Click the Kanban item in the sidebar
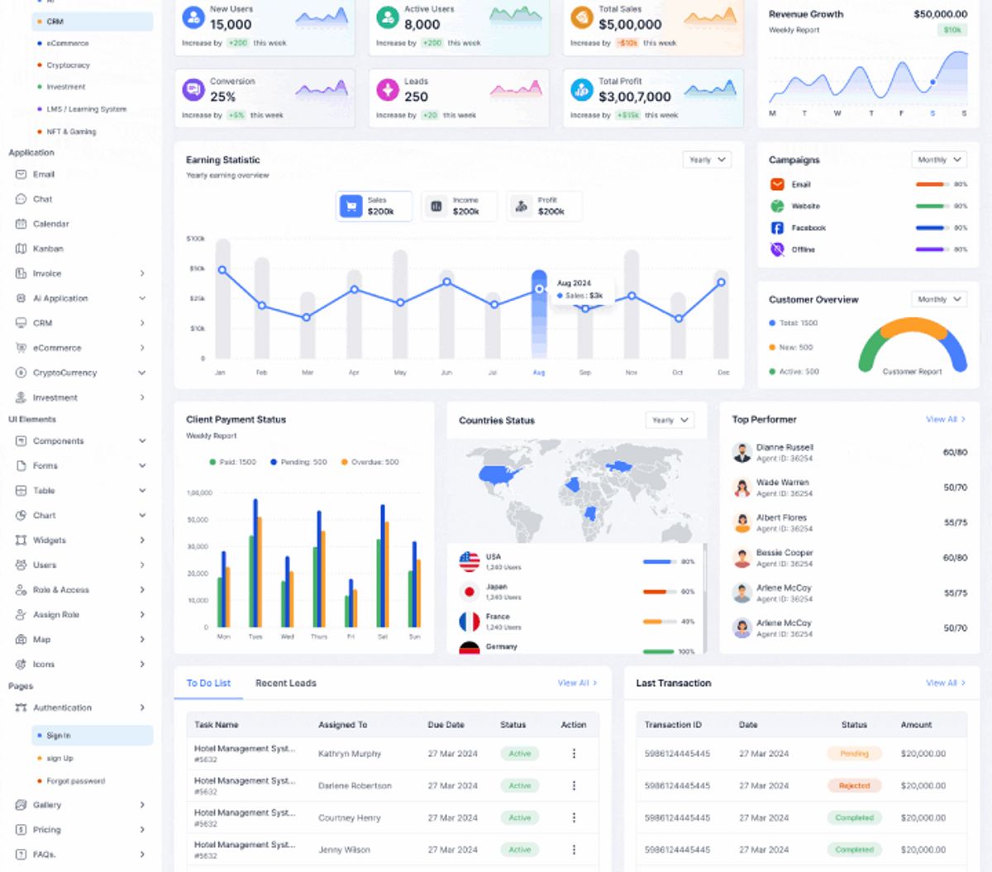pyautogui.click(x=47, y=249)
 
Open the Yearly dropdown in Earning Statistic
pyautogui.click(x=707, y=160)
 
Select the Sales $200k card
pyautogui.click(x=374, y=206)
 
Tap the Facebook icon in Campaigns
pyautogui.click(x=777, y=228)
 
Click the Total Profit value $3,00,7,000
pyautogui.click(x=634, y=97)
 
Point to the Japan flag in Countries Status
pyautogui.click(x=470, y=592)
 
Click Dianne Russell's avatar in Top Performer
pyautogui.click(x=742, y=452)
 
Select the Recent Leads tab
pyautogui.click(x=285, y=684)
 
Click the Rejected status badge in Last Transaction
pyautogui.click(x=854, y=786)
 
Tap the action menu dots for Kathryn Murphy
pyautogui.click(x=574, y=754)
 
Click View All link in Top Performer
pyautogui.click(x=945, y=420)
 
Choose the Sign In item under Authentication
pyautogui.click(x=58, y=736)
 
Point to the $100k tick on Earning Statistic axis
pyautogui.click(x=196, y=239)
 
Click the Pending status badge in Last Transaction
pyautogui.click(x=854, y=754)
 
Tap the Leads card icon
pyautogui.click(x=388, y=89)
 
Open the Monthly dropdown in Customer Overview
pyautogui.click(x=939, y=299)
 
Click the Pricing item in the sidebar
pyautogui.click(x=46, y=830)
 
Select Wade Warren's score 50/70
pyautogui.click(x=955, y=488)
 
